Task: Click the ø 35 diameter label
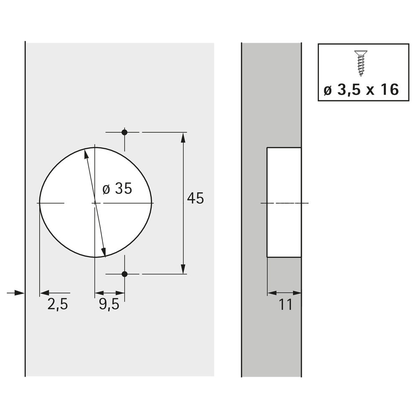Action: click(117, 189)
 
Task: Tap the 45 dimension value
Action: click(195, 198)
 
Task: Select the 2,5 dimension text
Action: click(58, 304)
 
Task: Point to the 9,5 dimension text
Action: click(109, 304)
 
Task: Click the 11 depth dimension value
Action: click(285, 304)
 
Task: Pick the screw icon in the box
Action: click(361, 63)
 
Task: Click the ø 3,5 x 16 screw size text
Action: click(361, 89)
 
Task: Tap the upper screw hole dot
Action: click(124, 132)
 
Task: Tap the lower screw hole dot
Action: click(124, 274)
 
